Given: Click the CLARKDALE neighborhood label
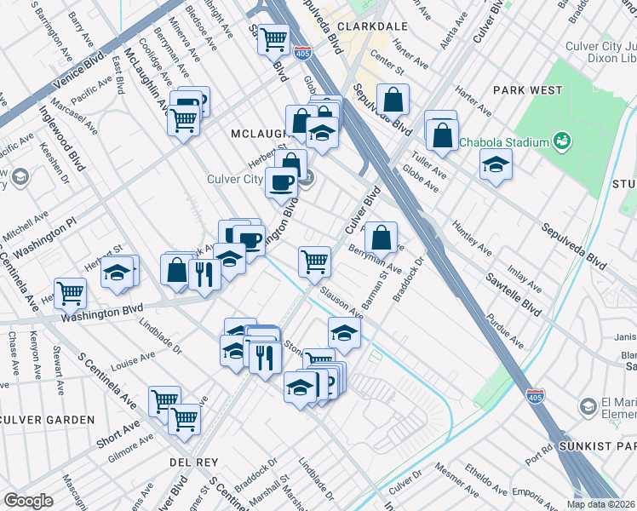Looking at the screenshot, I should click(368, 26).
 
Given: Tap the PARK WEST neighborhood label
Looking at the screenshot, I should click(525, 89).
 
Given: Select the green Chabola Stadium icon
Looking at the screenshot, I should click(561, 140).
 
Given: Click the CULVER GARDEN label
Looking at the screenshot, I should click(49, 420).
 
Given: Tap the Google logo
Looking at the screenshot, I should click(28, 501).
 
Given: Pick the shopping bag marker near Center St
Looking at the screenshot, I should click(393, 100).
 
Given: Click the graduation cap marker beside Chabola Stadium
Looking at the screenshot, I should click(495, 164).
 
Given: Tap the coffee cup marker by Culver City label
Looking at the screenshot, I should click(281, 181).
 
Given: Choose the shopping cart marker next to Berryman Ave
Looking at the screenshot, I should click(315, 261).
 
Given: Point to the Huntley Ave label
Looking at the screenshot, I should click(472, 239).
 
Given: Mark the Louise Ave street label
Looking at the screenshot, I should click(129, 365).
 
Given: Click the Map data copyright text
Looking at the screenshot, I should click(600, 504).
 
